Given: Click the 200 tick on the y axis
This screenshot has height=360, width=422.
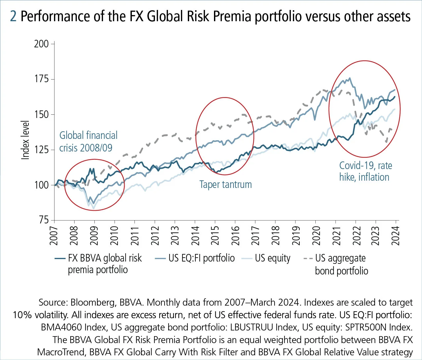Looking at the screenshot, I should [x=41, y=44].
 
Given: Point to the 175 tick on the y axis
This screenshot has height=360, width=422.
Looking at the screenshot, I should [x=41, y=79].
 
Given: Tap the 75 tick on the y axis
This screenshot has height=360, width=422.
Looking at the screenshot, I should [x=44, y=220].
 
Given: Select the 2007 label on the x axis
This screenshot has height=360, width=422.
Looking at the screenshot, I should [x=54, y=236].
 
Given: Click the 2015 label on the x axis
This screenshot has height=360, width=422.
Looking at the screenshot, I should [x=215, y=236].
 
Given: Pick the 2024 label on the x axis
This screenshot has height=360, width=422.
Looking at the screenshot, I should [x=396, y=236].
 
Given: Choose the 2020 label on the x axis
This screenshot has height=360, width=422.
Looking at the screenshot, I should [x=316, y=236].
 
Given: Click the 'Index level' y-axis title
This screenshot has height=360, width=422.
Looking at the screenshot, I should [x=26, y=140].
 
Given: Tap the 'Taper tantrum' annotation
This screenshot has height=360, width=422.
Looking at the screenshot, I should [x=225, y=185].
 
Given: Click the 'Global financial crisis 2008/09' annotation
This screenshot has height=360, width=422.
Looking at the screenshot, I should [x=88, y=142].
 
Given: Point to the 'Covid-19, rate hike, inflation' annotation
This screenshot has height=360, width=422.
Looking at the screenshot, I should [x=364, y=171].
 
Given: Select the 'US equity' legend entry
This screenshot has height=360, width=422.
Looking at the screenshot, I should [x=272, y=258].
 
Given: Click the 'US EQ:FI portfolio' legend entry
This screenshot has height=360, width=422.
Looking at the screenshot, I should [x=201, y=258].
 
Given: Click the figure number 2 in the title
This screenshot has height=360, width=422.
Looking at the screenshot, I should [x=13, y=16].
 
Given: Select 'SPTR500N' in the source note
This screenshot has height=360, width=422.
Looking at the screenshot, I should [x=366, y=328].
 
